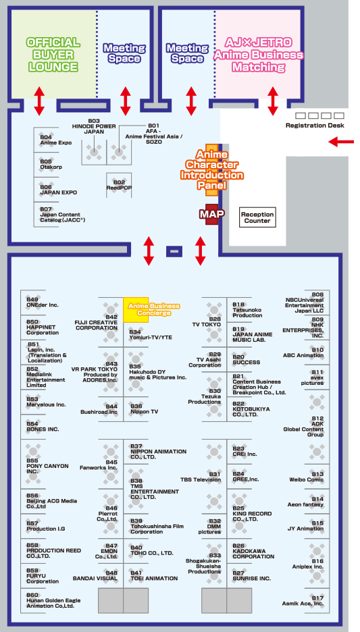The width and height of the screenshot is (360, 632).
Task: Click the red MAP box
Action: [x=211, y=214]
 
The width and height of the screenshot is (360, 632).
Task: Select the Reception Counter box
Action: [x=257, y=217]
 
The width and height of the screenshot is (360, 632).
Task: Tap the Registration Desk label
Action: [x=315, y=126]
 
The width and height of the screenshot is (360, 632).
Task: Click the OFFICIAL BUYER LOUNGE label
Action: [x=53, y=55]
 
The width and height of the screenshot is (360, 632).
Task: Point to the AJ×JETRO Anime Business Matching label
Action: [x=258, y=55]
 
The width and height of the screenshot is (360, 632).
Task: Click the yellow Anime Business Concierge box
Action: [x=136, y=310]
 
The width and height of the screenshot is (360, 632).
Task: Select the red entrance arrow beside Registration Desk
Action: [x=341, y=142]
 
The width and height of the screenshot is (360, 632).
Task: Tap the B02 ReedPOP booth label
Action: [x=120, y=184]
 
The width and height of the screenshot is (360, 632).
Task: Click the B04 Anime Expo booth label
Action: [x=55, y=140]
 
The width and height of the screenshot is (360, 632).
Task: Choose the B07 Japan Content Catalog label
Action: [x=63, y=215]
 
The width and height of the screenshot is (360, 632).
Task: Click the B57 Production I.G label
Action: [x=45, y=525]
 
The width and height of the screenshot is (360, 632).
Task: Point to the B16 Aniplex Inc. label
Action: [x=307, y=564]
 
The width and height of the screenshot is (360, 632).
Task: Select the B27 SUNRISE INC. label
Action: [x=251, y=575]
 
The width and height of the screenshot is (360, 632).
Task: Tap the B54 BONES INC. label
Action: [x=43, y=427]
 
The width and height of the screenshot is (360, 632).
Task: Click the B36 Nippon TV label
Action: [x=145, y=409]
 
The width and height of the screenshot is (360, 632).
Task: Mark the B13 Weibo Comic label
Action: [x=307, y=477]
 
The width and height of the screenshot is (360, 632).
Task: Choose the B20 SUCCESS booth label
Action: [x=247, y=359]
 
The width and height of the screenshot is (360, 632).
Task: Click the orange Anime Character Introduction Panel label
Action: [x=211, y=169]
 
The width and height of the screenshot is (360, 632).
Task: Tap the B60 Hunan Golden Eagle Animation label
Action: [x=51, y=600]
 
